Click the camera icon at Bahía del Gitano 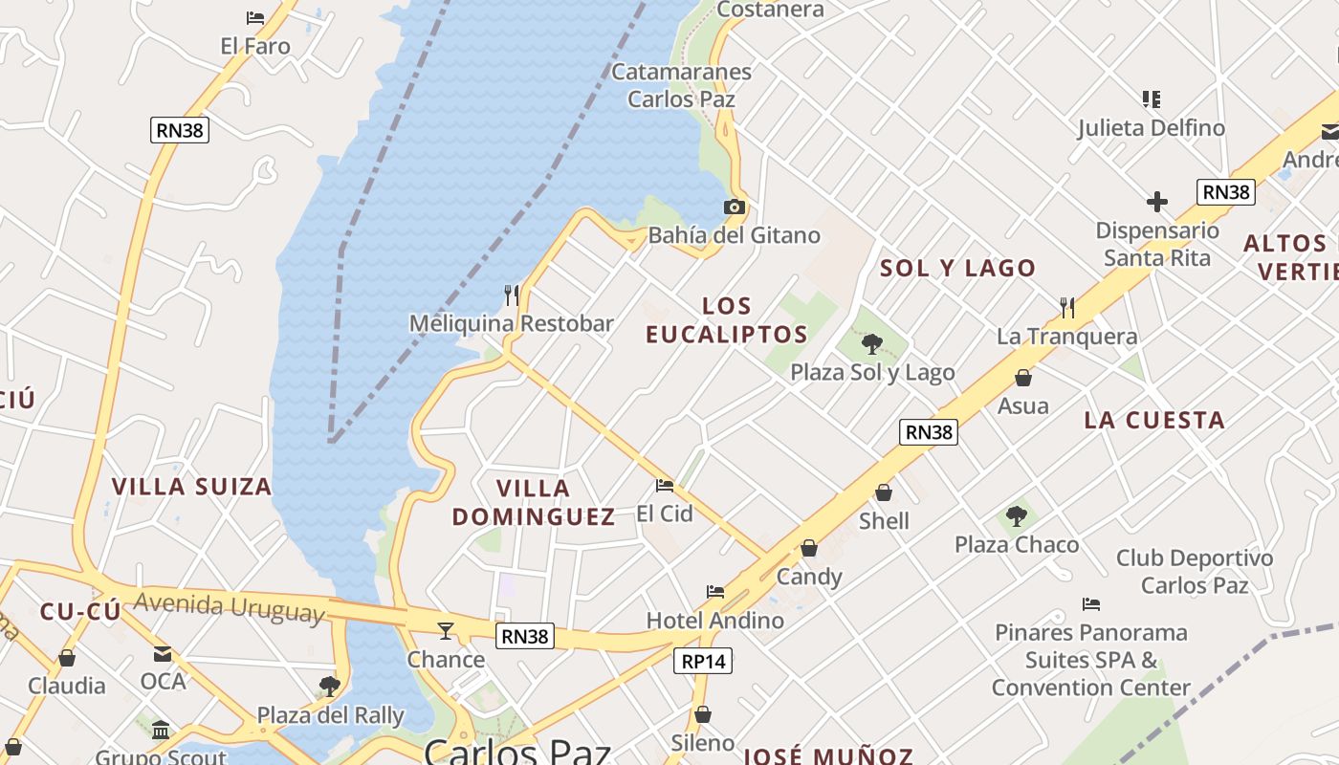(734, 207)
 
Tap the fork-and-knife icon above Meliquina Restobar (512, 295)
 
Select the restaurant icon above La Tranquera (1067, 307)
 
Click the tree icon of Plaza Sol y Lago (871, 343)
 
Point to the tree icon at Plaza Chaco (1017, 516)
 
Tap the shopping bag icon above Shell (884, 492)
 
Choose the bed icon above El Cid (665, 485)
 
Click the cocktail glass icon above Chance (446, 630)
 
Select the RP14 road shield (703, 661)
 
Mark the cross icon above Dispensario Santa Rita (1157, 202)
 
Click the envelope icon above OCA (163, 654)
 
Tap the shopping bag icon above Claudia (67, 658)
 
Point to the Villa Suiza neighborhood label (191, 487)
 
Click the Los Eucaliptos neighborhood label (727, 320)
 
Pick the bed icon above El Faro (255, 18)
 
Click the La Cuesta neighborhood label (1153, 420)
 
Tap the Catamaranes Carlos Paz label (681, 85)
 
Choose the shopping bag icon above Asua (1023, 378)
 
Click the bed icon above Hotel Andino (715, 592)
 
